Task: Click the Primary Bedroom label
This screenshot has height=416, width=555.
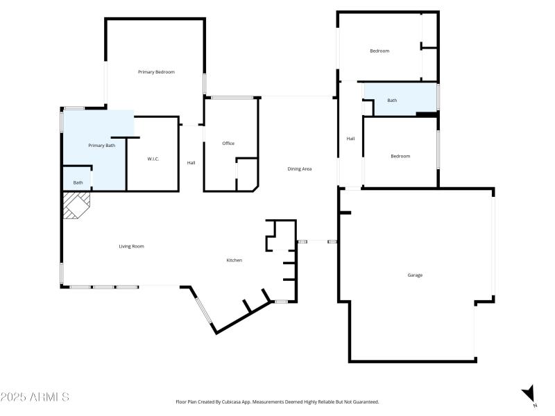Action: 156,72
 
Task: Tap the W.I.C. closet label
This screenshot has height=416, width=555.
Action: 153,159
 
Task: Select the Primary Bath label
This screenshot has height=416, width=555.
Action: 101,146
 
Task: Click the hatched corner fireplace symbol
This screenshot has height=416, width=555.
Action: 76,205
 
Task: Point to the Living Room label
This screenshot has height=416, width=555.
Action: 131,246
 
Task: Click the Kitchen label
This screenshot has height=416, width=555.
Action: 234,260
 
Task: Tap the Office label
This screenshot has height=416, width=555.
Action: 228,144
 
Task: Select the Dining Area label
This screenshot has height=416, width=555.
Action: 300,169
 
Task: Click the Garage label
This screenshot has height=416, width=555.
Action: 415,275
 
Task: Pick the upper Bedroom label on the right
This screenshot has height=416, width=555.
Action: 379,51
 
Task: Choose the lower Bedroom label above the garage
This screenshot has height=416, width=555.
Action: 400,156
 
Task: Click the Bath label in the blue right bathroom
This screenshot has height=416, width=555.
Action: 392,101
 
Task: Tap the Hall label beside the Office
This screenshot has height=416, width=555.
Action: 191,163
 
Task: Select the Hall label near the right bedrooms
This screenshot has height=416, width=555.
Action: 350,139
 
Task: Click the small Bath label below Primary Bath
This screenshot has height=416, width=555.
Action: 78,183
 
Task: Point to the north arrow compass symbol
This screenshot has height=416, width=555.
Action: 529,393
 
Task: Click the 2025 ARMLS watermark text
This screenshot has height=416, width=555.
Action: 35,397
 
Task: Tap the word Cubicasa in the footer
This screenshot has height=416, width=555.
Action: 226,401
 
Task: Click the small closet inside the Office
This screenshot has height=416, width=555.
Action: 246,174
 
